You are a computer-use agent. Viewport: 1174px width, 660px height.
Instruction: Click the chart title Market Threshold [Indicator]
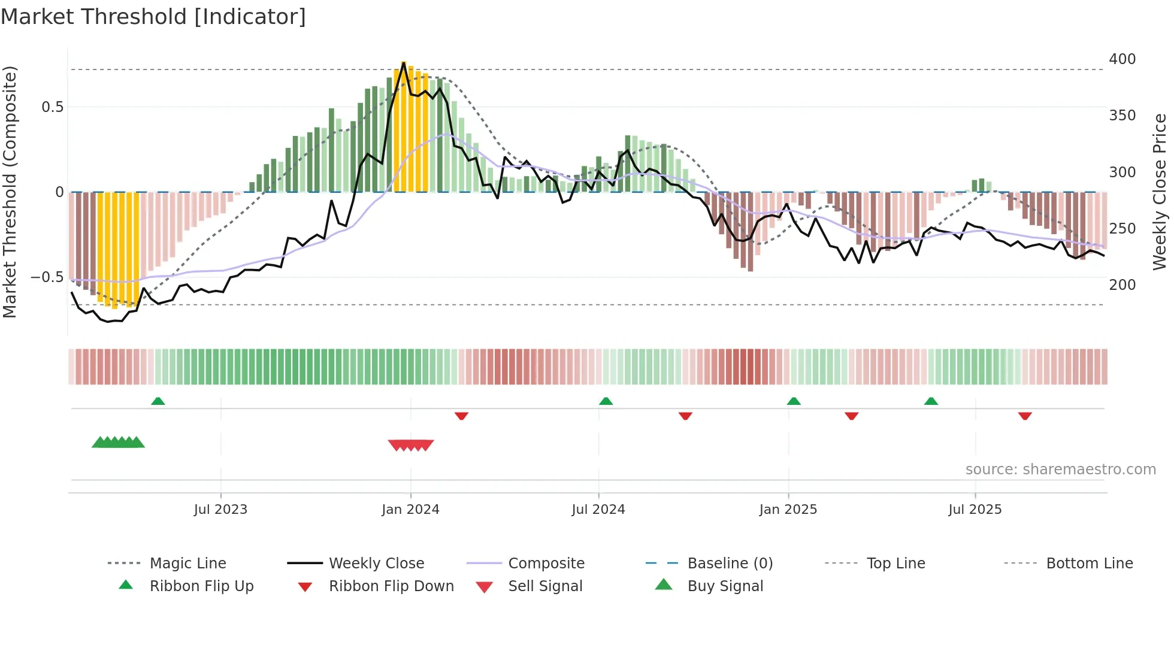(153, 17)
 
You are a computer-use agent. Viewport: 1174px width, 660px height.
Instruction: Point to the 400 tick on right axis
(1122, 59)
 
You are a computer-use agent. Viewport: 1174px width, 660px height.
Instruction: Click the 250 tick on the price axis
(1122, 229)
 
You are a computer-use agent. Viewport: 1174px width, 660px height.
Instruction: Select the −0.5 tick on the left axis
(47, 277)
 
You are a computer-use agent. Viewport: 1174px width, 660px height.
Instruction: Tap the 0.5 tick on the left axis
(52, 107)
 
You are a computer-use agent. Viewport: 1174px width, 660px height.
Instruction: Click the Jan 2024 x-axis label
(410, 510)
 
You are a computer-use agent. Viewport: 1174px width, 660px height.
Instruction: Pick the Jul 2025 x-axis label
(975, 510)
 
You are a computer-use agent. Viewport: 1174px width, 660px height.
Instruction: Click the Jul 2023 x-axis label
(220, 510)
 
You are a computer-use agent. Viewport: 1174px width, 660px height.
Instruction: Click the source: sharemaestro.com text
(1060, 470)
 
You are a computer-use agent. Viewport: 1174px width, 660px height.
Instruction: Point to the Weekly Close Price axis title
(1160, 192)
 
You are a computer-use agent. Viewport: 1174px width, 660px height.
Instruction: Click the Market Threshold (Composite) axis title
(10, 192)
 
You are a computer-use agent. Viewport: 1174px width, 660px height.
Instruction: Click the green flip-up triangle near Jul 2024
(606, 401)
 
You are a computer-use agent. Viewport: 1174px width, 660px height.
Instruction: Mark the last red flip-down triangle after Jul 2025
(1025, 416)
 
